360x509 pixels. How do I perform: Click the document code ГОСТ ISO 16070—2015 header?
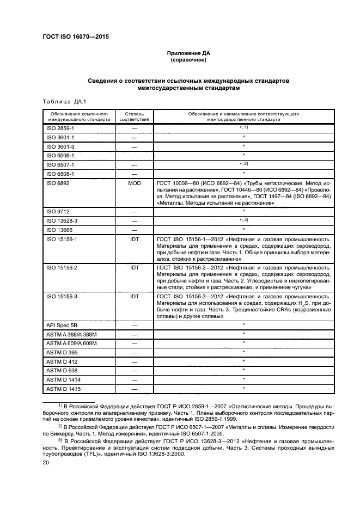(x=80, y=37)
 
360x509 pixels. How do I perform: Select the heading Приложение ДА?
(x=188, y=53)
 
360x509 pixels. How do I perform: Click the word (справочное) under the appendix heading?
(x=188, y=60)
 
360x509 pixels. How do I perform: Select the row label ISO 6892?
(x=58, y=183)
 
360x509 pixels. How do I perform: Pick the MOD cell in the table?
(x=134, y=183)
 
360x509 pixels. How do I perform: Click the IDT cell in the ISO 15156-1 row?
(x=134, y=239)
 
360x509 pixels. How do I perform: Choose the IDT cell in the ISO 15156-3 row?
(x=134, y=296)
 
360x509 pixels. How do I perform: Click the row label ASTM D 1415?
(x=63, y=389)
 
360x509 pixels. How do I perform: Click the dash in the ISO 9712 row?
(x=134, y=211)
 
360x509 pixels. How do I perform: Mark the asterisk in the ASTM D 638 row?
(x=243, y=370)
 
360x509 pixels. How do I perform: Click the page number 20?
(x=46, y=462)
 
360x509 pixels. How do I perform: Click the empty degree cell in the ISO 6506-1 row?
(x=134, y=155)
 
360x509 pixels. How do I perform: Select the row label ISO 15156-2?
(x=62, y=267)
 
